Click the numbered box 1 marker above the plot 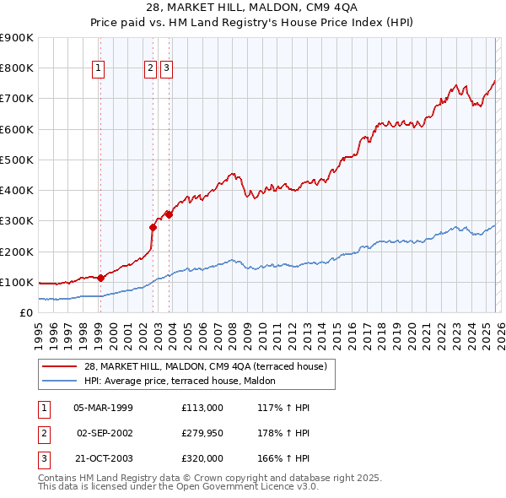click(x=99, y=69)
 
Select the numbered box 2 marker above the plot click(x=150, y=69)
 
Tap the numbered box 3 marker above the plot click(x=166, y=69)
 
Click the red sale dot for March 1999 click(x=100, y=278)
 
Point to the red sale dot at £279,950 click(x=153, y=226)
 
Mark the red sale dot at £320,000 click(x=170, y=214)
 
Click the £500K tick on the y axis click(x=17, y=160)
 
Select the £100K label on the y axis click(x=17, y=282)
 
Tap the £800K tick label click(x=17, y=68)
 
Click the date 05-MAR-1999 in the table click(x=103, y=408)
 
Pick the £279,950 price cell click(x=202, y=433)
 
